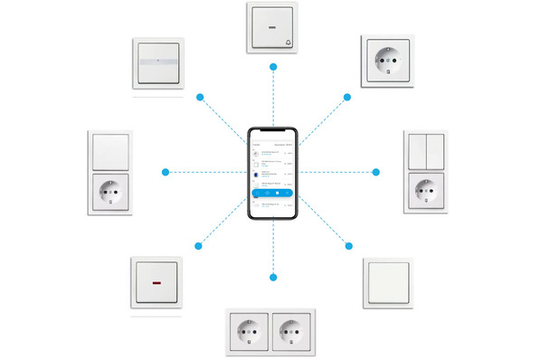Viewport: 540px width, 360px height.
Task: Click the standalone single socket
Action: tap(386, 61)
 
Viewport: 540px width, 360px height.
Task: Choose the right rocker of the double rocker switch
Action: tap(434, 152)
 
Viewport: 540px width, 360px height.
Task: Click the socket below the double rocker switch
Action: tap(425, 191)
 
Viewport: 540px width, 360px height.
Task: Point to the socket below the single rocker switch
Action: tap(109, 192)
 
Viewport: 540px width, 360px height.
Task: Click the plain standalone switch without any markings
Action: tap(386, 282)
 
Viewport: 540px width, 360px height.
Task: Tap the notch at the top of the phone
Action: tap(273, 131)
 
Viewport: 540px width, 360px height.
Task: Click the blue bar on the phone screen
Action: tap(273, 192)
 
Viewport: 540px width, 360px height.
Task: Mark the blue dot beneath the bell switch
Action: tap(273, 67)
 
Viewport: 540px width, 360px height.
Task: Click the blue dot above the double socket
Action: tap(273, 275)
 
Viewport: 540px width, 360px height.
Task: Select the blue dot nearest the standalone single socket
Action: tap(347, 96)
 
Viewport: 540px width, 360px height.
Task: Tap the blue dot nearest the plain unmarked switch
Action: tap(347, 245)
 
